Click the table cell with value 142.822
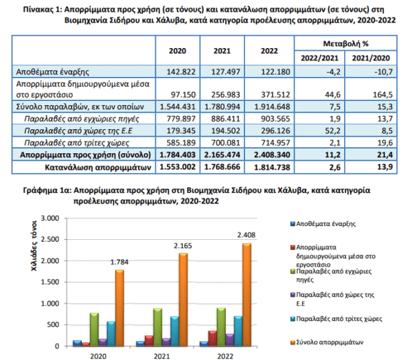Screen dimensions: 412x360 [x=178, y=71]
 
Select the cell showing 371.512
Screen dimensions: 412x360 [x=269, y=89]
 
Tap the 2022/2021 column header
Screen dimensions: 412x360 [x=319, y=58]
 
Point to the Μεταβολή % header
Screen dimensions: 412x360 [x=345, y=43]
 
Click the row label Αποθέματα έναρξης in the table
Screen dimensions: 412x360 [x=53, y=71]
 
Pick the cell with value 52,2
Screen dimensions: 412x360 [x=319, y=131]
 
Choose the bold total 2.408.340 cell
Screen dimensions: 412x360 [x=269, y=155]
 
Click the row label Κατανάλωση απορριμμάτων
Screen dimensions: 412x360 [x=98, y=168]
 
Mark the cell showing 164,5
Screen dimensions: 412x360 [x=371, y=89]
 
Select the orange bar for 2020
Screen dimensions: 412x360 [x=119, y=308]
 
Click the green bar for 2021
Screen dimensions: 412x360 [x=158, y=327]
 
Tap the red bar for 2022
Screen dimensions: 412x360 [x=213, y=338]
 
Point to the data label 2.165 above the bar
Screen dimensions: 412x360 [x=183, y=246]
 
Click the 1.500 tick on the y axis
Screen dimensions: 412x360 [x=50, y=282]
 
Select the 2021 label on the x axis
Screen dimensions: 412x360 [x=161, y=356]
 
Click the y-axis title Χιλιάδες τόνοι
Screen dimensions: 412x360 [x=34, y=246]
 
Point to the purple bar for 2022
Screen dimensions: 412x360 [x=229, y=340]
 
